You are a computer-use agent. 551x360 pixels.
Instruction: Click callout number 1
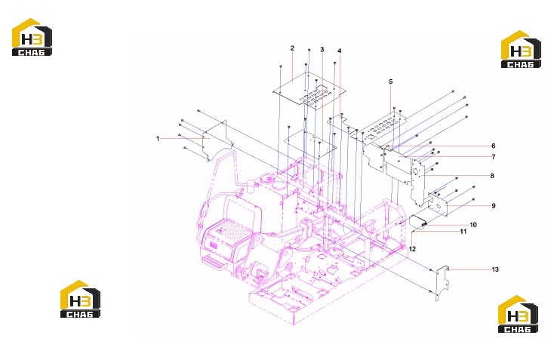click(x=158, y=139)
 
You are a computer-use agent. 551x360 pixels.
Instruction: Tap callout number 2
click(x=292, y=48)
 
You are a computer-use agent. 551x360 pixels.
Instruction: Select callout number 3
click(x=322, y=50)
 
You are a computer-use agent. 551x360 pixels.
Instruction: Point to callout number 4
click(x=339, y=51)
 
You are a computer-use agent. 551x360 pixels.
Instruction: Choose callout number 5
click(x=391, y=82)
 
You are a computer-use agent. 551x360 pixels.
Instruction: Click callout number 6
click(x=494, y=146)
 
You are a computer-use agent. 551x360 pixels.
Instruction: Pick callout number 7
click(x=494, y=157)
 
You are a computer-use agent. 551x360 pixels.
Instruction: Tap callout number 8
click(x=492, y=176)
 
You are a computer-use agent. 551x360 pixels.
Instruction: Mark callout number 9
click(x=494, y=206)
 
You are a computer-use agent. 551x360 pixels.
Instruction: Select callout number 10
click(x=473, y=225)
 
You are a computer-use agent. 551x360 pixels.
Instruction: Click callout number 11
click(x=463, y=232)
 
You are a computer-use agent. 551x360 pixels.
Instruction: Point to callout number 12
click(x=412, y=248)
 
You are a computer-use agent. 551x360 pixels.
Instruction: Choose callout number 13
click(x=495, y=269)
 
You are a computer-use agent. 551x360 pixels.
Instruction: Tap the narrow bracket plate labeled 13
click(x=442, y=283)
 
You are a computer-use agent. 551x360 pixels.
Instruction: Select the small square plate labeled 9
click(x=438, y=205)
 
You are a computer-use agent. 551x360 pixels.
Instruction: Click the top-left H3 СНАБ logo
click(x=32, y=37)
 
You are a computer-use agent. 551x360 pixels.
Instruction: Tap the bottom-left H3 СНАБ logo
click(x=81, y=299)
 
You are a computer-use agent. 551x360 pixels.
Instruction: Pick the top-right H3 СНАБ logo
click(x=521, y=49)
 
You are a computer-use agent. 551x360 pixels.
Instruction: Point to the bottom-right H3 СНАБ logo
click(x=518, y=314)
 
